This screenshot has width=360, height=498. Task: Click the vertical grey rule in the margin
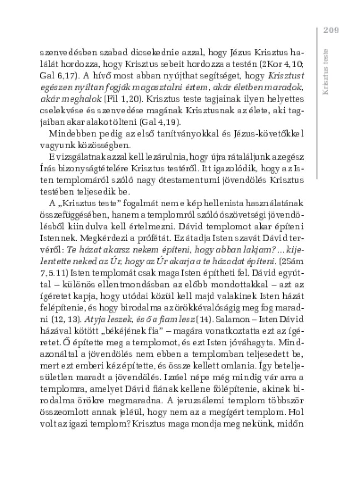click(316, 104)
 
